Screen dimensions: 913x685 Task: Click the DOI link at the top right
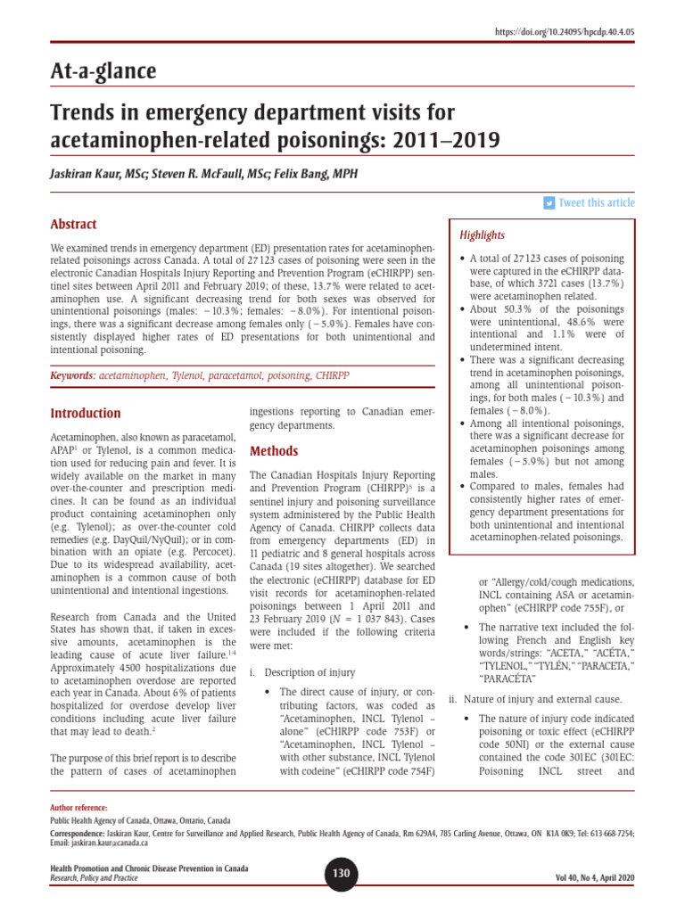565,32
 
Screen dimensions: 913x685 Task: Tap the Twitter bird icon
549,203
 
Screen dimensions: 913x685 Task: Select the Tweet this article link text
596,203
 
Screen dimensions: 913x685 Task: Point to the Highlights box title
482,235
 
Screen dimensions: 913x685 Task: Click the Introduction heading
86,414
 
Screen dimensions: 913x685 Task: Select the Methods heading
274,451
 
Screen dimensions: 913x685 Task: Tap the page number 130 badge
342,874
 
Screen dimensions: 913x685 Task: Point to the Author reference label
78,807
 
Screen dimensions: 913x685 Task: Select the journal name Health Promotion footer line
149,868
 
